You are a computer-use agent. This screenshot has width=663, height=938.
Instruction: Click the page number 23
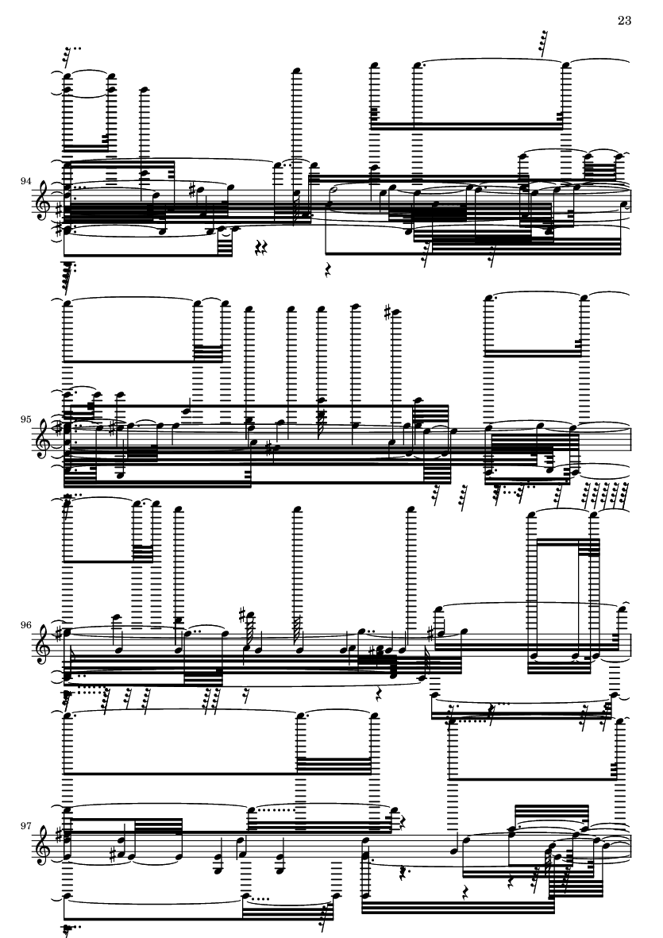[624, 21]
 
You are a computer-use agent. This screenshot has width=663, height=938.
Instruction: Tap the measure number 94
[25, 180]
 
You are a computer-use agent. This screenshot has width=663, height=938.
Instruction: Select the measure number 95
[25, 419]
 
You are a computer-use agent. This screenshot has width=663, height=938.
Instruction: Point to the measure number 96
[25, 625]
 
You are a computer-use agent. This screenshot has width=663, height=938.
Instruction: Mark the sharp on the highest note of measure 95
[388, 311]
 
